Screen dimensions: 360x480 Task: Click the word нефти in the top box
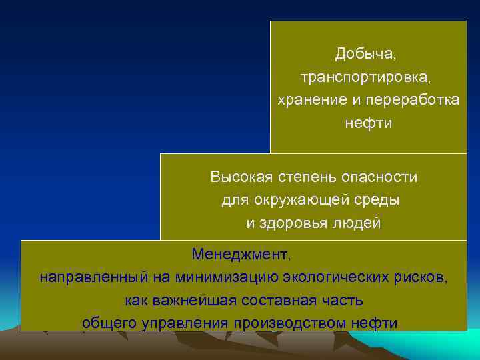pyautogui.click(x=369, y=123)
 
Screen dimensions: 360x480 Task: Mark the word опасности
pyautogui.click(x=379, y=177)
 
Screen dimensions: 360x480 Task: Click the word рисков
pyautogui.click(x=423, y=277)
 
